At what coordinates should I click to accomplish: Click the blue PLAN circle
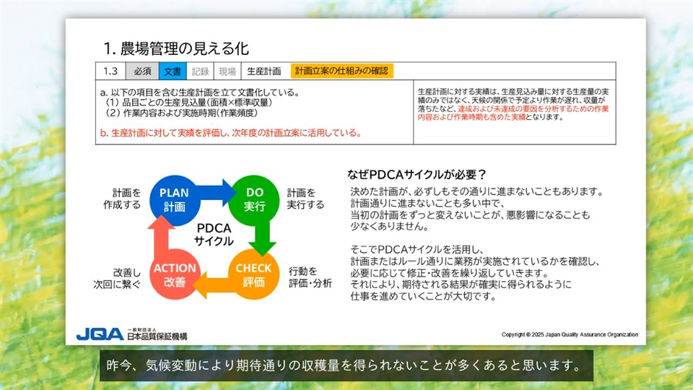point(174,200)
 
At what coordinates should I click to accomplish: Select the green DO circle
point(254,200)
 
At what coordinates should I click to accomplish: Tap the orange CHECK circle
point(253,274)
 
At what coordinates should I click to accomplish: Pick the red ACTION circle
point(175,274)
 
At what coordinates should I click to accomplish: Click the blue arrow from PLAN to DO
point(217,192)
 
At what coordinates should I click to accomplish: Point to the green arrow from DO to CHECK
point(263,237)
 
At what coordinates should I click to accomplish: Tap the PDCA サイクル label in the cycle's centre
point(214,234)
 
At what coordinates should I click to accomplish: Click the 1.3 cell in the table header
point(110,71)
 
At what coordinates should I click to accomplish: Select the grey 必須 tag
point(142,71)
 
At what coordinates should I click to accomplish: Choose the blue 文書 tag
point(173,71)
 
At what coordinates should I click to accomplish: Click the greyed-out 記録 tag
point(200,71)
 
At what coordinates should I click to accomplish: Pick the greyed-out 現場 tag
point(227,71)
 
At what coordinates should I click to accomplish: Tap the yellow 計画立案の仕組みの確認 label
point(341,71)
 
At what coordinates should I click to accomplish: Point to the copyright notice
point(570,334)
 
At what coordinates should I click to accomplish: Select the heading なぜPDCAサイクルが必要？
point(417,175)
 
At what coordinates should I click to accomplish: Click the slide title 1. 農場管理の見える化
point(176,48)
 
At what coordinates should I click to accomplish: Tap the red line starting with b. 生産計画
point(231,133)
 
